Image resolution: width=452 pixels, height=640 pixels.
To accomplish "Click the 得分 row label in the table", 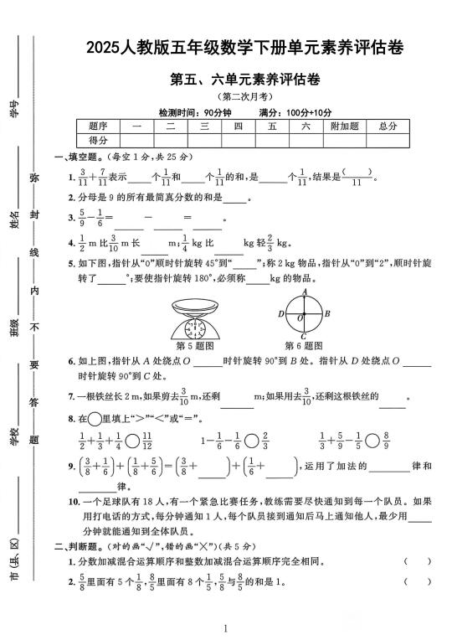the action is pyautogui.click(x=98, y=141).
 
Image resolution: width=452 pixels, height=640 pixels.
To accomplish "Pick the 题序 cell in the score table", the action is pyautogui.click(x=98, y=126).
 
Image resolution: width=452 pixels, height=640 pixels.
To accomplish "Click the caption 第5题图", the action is pyautogui.click(x=196, y=345).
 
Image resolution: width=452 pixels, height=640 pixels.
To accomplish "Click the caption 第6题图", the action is pyautogui.click(x=302, y=345).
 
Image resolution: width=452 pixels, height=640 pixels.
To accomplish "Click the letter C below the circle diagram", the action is pyautogui.click(x=304, y=338).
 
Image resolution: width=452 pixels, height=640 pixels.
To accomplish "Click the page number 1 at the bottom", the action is pyautogui.click(x=226, y=627).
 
